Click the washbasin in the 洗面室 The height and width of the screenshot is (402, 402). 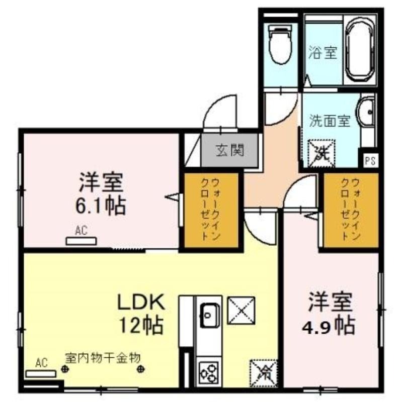[x=366, y=112]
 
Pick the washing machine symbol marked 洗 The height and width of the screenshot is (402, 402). [x=321, y=153]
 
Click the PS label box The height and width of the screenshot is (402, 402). [x=370, y=161]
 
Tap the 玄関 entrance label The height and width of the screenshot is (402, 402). [x=230, y=150]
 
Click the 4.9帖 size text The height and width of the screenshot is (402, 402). [x=329, y=326]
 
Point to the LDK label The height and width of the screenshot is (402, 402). [x=141, y=302]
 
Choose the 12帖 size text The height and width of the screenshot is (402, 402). [x=141, y=325]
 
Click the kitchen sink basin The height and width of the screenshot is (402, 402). [x=209, y=316]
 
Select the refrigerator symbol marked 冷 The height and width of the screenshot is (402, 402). [x=264, y=373]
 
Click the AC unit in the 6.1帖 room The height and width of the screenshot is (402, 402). [x=81, y=241]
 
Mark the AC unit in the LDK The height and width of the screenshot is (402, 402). [x=41, y=373]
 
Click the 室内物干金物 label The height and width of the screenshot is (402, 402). [x=103, y=358]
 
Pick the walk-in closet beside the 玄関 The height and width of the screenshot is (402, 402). [x=211, y=211]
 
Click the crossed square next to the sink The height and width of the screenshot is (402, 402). [x=241, y=310]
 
